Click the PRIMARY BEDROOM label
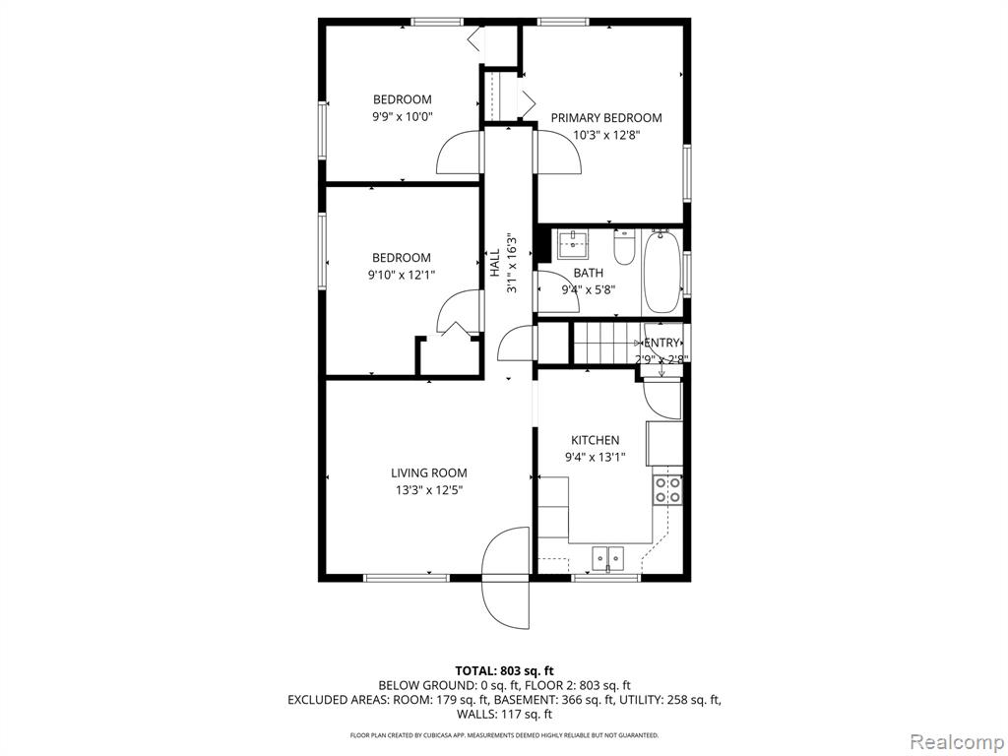point(606,118)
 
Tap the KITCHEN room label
point(596,440)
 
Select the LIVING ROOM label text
point(429,473)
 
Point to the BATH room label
point(589,274)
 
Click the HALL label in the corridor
point(495,263)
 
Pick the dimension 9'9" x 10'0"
point(403,117)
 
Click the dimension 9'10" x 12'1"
point(402,276)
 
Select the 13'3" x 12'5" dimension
point(429,490)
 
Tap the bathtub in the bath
point(661,272)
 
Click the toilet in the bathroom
point(624,247)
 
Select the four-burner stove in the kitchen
point(667,490)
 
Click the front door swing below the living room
point(507,578)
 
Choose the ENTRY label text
point(661,343)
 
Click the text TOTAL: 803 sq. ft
point(504,671)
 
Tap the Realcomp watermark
point(957,741)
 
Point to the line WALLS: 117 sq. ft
point(504,714)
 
